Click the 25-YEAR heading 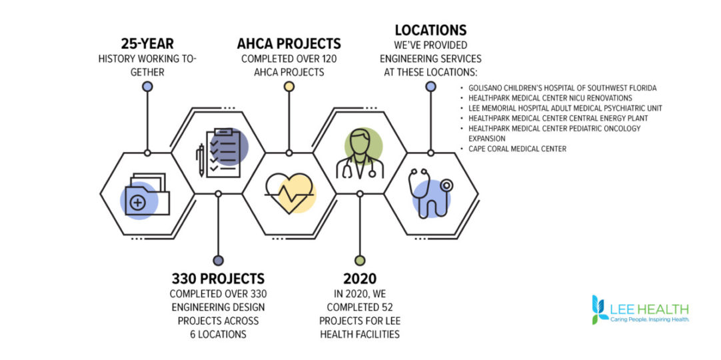pos(147,44)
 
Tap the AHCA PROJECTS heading pos(289,44)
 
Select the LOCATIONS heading pos(431,31)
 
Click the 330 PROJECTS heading pos(218,279)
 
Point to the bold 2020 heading pos(360,279)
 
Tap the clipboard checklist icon pos(223,153)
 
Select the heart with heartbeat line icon pos(290,193)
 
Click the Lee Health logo pos(640,309)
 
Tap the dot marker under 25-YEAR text pos(147,87)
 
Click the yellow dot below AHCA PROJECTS pos(289,87)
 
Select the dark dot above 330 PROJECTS pos(218,261)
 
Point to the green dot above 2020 pos(360,261)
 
